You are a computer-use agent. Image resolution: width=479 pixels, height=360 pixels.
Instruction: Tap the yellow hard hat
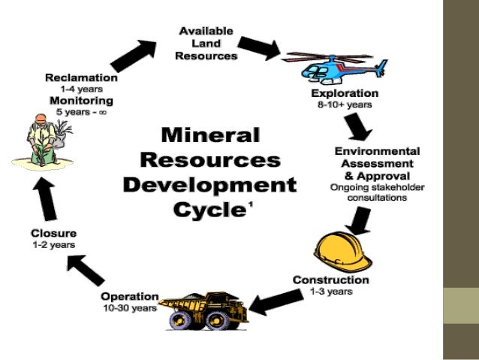[x=342, y=252]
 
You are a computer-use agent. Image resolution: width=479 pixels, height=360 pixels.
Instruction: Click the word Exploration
[x=345, y=93]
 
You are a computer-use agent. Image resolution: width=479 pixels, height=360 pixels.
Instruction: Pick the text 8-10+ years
[x=345, y=104]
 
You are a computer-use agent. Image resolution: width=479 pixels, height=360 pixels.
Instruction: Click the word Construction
[x=330, y=280]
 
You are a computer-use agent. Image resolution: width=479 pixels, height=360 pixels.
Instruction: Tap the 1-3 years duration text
[x=330, y=291]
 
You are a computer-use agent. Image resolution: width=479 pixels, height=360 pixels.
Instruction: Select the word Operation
[x=130, y=296]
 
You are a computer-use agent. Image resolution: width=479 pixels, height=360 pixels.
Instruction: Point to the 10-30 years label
[x=130, y=307]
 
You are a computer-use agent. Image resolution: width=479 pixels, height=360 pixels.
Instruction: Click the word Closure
[x=53, y=233]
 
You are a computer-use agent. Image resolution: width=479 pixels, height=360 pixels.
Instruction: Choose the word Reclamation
[x=81, y=77]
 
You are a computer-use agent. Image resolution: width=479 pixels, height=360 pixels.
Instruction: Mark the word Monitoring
[x=81, y=100]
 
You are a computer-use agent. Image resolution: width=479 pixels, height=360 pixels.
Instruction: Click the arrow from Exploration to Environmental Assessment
[x=360, y=126]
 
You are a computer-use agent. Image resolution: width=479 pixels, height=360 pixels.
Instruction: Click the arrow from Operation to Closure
[x=84, y=269]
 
